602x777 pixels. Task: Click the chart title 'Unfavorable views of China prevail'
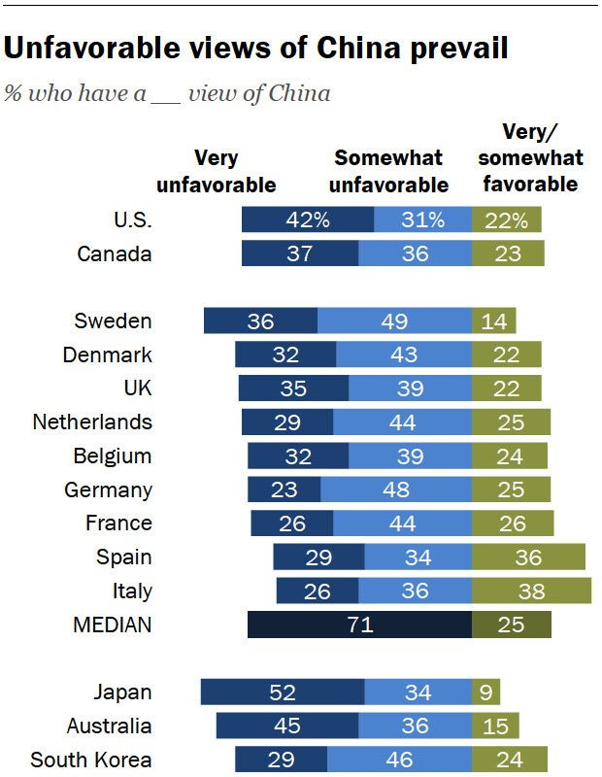tap(256, 49)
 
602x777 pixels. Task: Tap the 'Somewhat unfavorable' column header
tap(389, 171)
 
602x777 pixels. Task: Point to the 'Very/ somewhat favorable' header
tap(530, 157)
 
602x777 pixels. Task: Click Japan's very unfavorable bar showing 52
tap(283, 693)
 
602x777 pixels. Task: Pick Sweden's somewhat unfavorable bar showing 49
tap(394, 321)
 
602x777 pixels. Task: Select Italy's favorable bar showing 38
tap(532, 591)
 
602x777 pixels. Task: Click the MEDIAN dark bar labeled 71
tap(359, 625)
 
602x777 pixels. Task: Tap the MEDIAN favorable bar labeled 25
tap(511, 625)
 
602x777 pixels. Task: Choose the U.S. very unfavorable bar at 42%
tap(308, 220)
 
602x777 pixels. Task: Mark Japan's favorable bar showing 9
tap(485, 693)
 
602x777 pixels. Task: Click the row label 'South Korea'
tap(91, 760)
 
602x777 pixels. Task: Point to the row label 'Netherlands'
tap(92, 422)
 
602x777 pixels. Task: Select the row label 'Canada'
tap(115, 254)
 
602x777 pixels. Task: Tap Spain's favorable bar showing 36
tap(528, 557)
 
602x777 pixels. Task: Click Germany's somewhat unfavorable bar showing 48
tap(396, 490)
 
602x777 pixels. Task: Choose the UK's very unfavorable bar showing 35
tap(293, 388)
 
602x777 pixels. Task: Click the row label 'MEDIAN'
tap(113, 625)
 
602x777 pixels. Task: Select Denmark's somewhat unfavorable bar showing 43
tap(404, 355)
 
